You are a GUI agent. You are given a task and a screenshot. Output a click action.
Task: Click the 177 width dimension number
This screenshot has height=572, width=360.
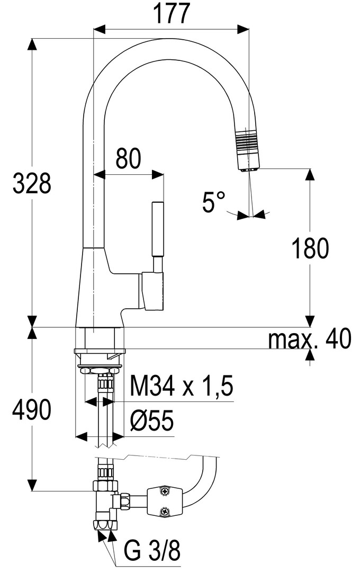click(171, 13)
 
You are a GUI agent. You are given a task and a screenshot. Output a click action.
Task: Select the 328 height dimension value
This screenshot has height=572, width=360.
click(32, 183)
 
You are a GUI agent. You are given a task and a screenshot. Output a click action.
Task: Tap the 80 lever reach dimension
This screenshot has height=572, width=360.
click(129, 159)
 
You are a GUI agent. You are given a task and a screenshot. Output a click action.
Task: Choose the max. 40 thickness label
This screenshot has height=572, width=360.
click(310, 339)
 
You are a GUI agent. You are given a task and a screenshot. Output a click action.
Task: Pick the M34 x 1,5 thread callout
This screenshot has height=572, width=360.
click(181, 386)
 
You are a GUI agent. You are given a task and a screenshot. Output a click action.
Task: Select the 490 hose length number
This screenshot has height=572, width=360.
click(32, 409)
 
